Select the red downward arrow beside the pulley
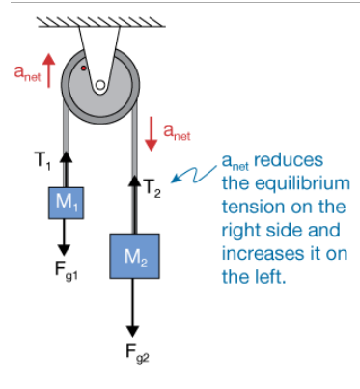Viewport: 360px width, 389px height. click(150, 131)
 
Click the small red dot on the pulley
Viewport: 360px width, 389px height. click(85, 69)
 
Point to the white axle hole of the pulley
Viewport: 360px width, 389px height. click(99, 86)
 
